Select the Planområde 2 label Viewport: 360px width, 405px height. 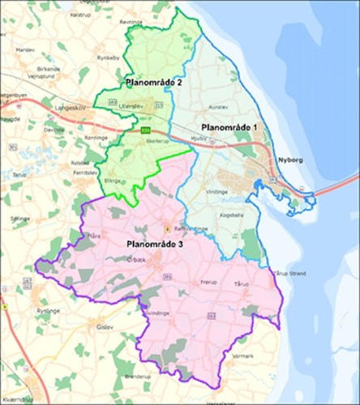[x=154, y=83]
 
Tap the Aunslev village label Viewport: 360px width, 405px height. [x=219, y=106]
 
